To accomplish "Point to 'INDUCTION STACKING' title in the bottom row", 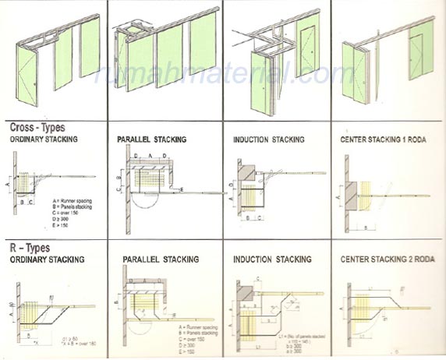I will click(x=272, y=259).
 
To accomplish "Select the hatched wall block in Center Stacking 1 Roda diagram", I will click(x=352, y=194).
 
